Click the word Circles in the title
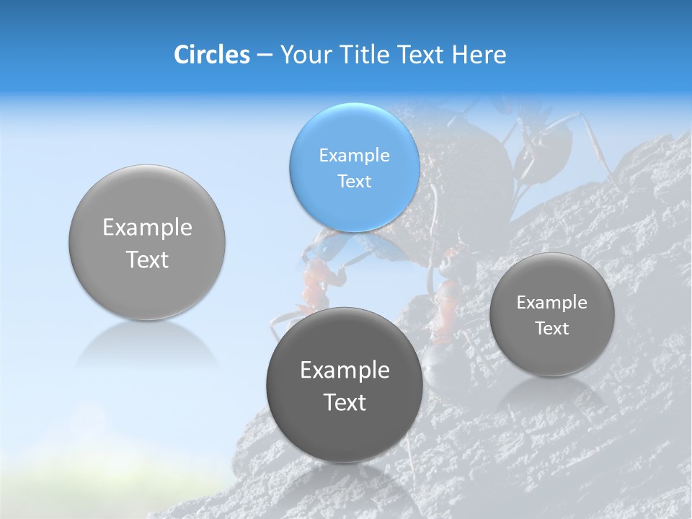pos(211,55)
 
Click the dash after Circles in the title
pos(265,56)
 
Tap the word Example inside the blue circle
pos(354,155)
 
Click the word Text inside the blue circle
pos(354,181)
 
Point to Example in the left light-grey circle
pos(147,228)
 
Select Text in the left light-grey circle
pos(147,259)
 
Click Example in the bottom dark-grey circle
pos(345,371)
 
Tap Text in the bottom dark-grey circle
pos(345,402)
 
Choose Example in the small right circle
pos(552,302)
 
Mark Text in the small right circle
pos(552,328)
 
